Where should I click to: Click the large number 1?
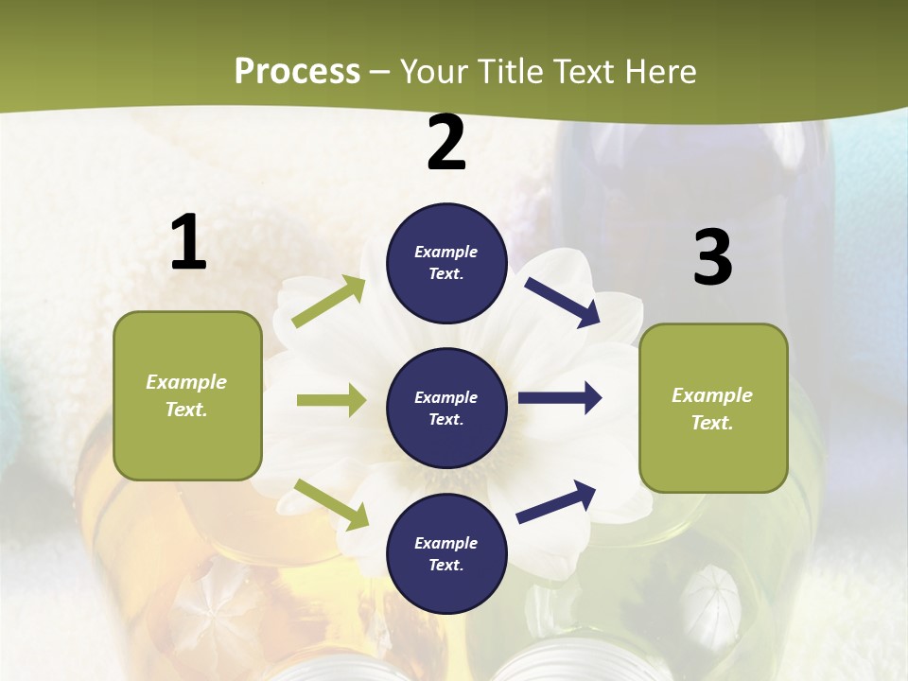pos(188,242)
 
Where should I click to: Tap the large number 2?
pos(446,143)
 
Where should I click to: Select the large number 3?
pos(712,257)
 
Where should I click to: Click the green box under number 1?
pos(187,395)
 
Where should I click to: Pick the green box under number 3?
pos(713,408)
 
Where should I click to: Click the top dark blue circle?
pos(446,263)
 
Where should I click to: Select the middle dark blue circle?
pos(446,408)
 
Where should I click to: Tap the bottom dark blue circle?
pos(446,553)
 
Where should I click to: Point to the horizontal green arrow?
pos(331,400)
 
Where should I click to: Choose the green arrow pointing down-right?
pos(331,503)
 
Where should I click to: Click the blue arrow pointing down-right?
pos(563,302)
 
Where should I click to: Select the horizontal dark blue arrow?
pos(560,398)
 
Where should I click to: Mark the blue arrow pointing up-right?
pos(556,501)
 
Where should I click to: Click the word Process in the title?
pos(297,72)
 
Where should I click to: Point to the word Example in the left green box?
pos(186,382)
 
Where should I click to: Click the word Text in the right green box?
pos(711,423)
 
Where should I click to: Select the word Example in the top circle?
pos(445,252)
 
